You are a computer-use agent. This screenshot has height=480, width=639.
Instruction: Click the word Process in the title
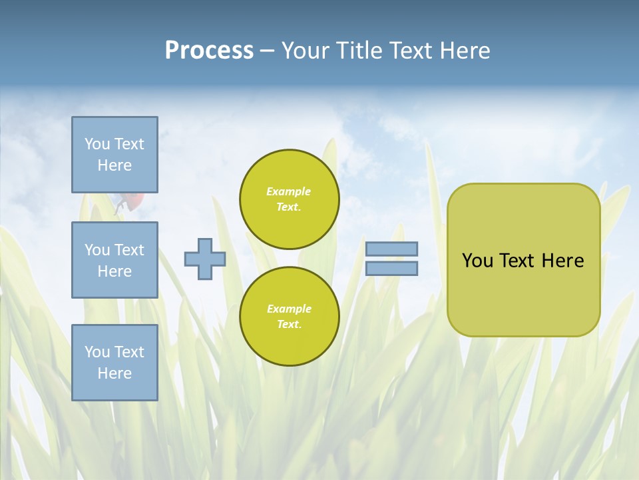pyautogui.click(x=209, y=51)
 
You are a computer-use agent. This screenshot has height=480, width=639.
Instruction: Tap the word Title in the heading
pyautogui.click(x=358, y=51)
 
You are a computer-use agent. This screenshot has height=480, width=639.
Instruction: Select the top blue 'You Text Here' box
pyautogui.click(x=114, y=155)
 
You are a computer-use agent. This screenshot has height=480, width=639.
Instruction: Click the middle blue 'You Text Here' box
pyautogui.click(x=114, y=260)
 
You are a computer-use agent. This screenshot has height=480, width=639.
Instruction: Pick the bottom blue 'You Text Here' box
pyautogui.click(x=114, y=363)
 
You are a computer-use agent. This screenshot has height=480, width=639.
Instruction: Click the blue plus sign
pyautogui.click(x=205, y=259)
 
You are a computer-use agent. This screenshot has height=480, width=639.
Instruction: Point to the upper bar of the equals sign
pyautogui.click(x=391, y=249)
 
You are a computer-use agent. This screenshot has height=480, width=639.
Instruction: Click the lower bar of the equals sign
pyautogui.click(x=391, y=268)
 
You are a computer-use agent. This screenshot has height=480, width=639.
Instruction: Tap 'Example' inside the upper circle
pyautogui.click(x=288, y=191)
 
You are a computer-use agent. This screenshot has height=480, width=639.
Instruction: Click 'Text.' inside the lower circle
pyautogui.click(x=289, y=325)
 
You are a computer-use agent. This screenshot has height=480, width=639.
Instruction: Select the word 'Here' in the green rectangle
pyautogui.click(x=562, y=261)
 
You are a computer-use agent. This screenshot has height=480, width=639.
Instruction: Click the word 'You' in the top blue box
pyautogui.click(x=97, y=144)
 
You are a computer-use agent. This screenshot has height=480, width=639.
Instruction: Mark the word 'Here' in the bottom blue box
pyautogui.click(x=114, y=373)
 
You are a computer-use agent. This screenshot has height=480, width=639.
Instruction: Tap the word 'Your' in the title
pyautogui.click(x=306, y=51)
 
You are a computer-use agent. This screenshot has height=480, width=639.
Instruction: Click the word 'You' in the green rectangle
pyautogui.click(x=477, y=261)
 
